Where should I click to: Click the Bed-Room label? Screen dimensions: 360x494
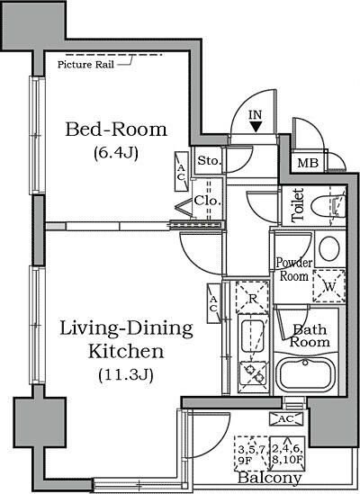(116, 130)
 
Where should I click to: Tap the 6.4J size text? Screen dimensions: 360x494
(116, 154)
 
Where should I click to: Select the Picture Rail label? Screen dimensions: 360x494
(85, 65)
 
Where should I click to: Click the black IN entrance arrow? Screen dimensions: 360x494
(256, 127)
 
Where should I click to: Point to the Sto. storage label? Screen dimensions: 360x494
(208, 161)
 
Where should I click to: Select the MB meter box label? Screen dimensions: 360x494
(308, 163)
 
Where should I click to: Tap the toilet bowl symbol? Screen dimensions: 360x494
(328, 206)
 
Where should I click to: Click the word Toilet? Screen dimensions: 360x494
(297, 205)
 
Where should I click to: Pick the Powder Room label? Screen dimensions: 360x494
(293, 269)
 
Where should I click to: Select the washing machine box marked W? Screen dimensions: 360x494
(329, 286)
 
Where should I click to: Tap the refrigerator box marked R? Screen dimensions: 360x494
(252, 298)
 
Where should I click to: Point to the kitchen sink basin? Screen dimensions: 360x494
(253, 336)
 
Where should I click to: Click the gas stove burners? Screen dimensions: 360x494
(253, 373)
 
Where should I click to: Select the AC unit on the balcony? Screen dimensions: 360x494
(286, 418)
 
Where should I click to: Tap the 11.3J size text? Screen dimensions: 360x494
(126, 375)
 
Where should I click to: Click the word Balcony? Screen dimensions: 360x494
(269, 478)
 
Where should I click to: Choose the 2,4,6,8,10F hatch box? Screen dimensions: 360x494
(287, 454)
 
